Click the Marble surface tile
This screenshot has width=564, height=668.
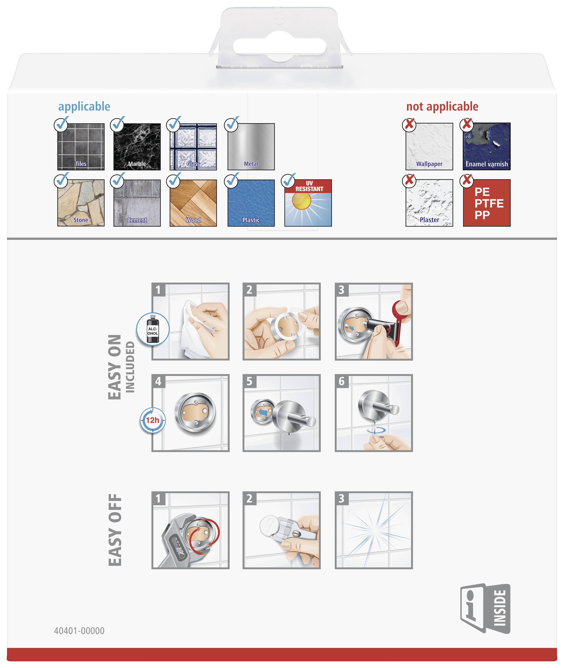137,147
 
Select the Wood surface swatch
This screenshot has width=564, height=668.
193,203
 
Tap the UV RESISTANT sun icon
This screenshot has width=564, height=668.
308,203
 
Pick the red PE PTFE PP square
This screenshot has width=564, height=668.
487,203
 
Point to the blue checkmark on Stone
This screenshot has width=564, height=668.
61,180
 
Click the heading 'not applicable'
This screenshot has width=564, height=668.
442,106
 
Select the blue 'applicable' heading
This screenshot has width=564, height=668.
84,106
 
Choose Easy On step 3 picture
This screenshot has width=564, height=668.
374,322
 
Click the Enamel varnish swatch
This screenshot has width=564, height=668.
487,147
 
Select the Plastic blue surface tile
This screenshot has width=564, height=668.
251,203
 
